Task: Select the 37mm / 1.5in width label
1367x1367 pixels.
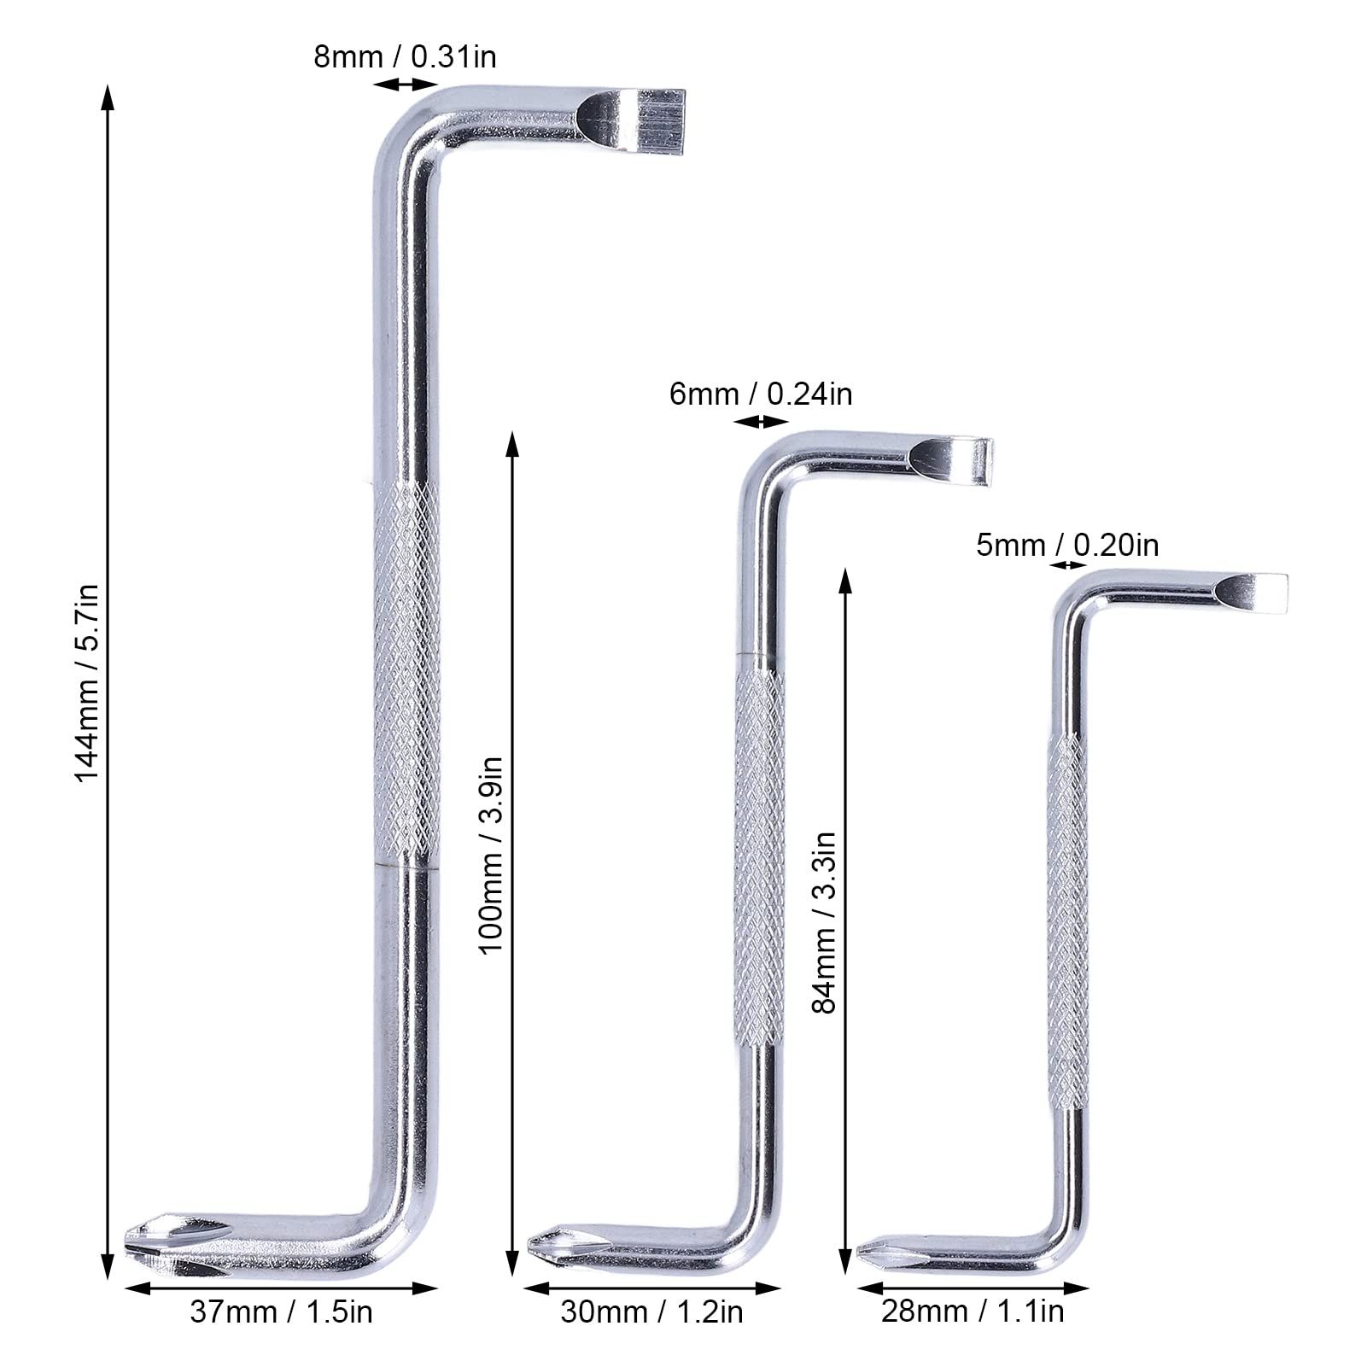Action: click(281, 1311)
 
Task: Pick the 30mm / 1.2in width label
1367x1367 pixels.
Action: click(651, 1311)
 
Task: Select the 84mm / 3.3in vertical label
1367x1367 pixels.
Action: click(824, 923)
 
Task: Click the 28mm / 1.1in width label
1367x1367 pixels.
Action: click(973, 1311)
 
